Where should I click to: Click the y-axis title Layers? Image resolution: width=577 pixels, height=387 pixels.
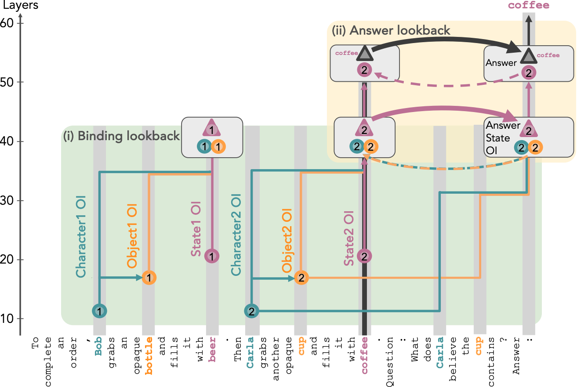tap(20, 5)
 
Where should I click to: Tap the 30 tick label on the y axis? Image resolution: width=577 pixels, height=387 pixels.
tap(7, 200)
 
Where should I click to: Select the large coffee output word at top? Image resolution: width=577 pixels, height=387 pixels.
tap(529, 5)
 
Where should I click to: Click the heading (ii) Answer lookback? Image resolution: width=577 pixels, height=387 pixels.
tap(391, 30)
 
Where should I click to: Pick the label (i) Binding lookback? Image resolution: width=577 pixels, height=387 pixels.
tap(122, 136)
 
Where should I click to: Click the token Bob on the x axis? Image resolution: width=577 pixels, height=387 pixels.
tap(98, 347)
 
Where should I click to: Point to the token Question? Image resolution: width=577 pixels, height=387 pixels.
tap(389, 362)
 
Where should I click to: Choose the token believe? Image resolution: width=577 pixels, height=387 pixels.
tap(453, 359)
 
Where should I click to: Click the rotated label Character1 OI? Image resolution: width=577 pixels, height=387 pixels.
tap(81, 236)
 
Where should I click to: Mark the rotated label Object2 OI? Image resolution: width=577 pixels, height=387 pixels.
tap(287, 240)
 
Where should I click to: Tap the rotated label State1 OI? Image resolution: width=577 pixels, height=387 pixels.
tap(196, 229)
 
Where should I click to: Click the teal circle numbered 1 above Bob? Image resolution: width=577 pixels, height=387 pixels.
tap(99, 311)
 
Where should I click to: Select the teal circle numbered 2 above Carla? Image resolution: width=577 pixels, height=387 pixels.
tap(251, 311)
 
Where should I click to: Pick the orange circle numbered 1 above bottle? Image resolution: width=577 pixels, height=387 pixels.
tap(149, 278)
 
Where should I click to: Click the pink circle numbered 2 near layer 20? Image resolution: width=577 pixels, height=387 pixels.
tap(364, 256)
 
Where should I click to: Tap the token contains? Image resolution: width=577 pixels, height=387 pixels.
tap(491, 362)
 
